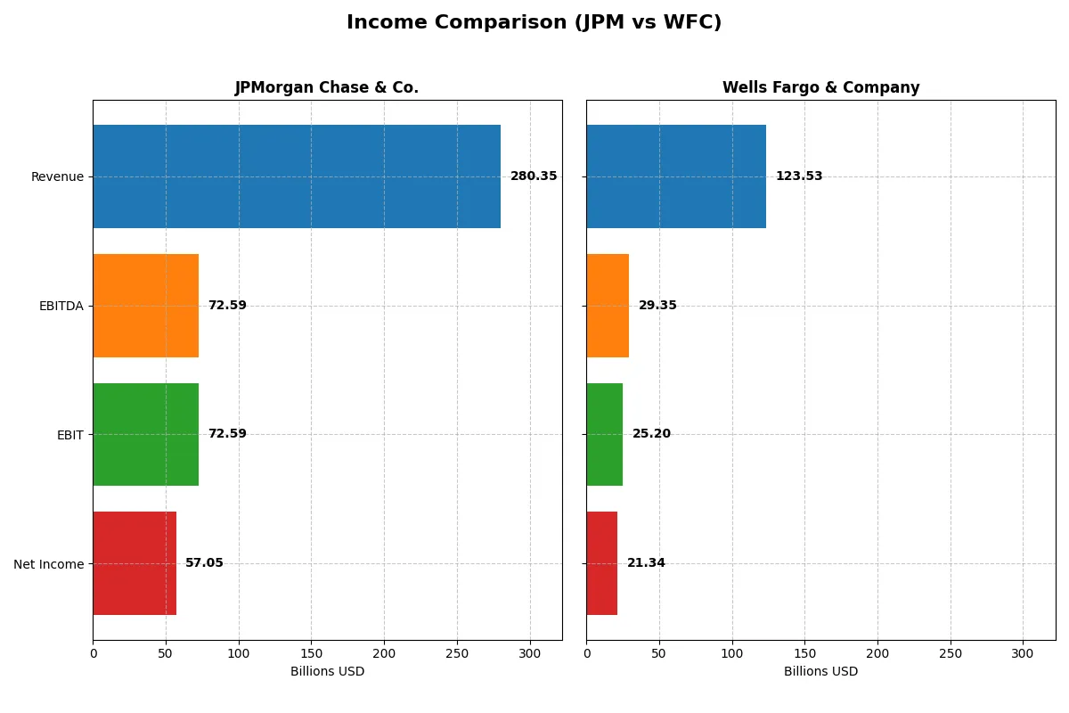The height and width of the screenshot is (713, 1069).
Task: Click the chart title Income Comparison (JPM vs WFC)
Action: pyautogui.click(x=534, y=23)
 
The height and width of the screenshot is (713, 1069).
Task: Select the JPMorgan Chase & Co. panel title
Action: pyautogui.click(x=326, y=87)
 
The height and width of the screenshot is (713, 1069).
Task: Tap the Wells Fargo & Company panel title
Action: pyautogui.click(x=820, y=87)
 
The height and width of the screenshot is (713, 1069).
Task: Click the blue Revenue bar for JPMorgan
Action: pyautogui.click(x=296, y=176)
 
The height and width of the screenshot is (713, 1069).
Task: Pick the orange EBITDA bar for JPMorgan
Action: pyautogui.click(x=145, y=306)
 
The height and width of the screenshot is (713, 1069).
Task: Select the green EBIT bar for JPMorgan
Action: pyautogui.click(x=145, y=435)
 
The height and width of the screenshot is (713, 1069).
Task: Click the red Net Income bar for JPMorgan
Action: pyautogui.click(x=135, y=563)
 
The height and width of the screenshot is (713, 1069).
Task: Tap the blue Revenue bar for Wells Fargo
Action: pyautogui.click(x=675, y=176)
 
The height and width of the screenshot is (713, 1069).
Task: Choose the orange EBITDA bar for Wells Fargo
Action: pyautogui.click(x=608, y=306)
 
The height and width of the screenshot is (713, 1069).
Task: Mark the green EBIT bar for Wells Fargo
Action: pyautogui.click(x=604, y=435)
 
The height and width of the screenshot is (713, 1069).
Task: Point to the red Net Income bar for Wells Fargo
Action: pyautogui.click(x=601, y=563)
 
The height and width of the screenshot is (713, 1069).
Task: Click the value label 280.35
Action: pyautogui.click(x=534, y=176)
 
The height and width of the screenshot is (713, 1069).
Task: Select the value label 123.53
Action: pyautogui.click(x=799, y=176)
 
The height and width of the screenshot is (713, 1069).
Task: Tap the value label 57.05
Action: pyautogui.click(x=204, y=563)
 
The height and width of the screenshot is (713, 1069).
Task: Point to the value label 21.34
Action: pyautogui.click(x=646, y=563)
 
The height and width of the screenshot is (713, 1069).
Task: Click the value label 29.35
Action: pyautogui.click(x=657, y=306)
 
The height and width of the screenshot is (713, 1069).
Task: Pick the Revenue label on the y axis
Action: pyautogui.click(x=57, y=176)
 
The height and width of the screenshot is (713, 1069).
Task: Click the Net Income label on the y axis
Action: pyautogui.click(x=49, y=564)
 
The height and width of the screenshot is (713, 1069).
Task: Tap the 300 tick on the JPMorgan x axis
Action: pyautogui.click(x=530, y=653)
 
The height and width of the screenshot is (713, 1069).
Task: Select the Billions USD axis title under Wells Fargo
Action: pyautogui.click(x=820, y=672)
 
